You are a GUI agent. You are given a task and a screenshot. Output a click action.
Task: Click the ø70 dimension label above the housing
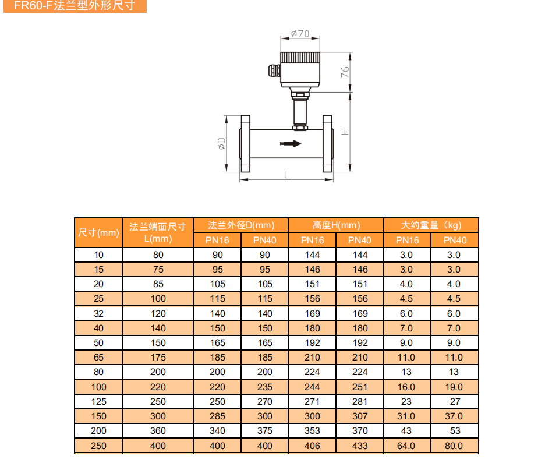click(x=300, y=34)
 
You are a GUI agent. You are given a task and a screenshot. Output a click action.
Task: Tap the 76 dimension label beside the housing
click(x=345, y=72)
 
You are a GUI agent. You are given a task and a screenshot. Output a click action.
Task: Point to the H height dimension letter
click(x=345, y=132)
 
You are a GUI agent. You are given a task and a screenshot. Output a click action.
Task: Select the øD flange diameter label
click(x=221, y=144)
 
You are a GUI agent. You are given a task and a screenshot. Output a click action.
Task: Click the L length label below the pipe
click(x=286, y=175)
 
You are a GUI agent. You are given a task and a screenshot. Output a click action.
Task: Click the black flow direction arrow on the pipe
click(x=291, y=144)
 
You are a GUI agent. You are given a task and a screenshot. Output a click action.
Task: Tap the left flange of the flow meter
click(x=245, y=144)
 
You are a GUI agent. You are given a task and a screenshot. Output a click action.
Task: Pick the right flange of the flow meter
click(x=328, y=144)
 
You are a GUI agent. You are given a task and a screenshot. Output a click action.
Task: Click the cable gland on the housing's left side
click(x=274, y=70)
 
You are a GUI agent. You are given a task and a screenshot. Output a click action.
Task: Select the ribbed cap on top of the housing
click(x=300, y=58)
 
